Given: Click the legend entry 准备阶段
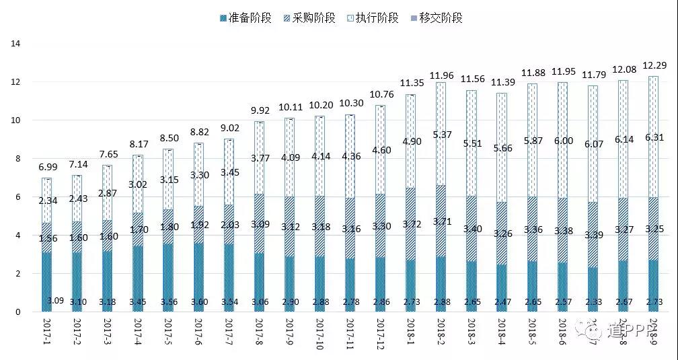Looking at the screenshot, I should click(x=246, y=18).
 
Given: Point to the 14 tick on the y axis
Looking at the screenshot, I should click(x=17, y=44).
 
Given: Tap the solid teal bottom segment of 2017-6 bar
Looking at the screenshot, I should click(x=199, y=276).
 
